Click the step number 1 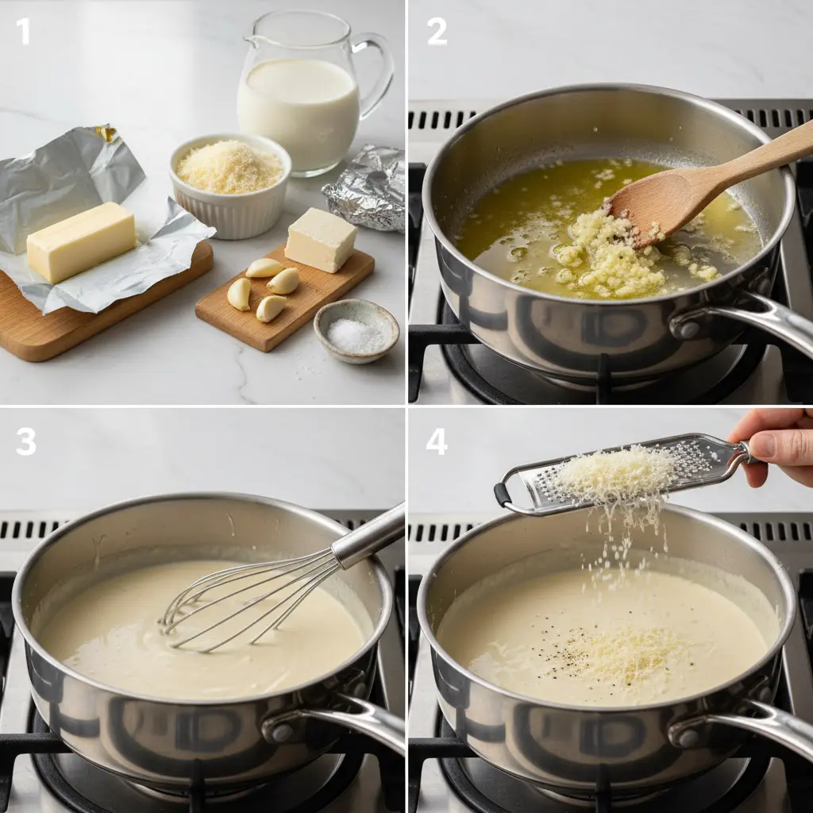23,32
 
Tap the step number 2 437,32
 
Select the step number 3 26,442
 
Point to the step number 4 437,442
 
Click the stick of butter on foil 82,242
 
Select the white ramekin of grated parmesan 230,185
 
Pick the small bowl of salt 356,330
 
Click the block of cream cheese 321,240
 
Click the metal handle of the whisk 369,534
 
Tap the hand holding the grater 775,446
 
